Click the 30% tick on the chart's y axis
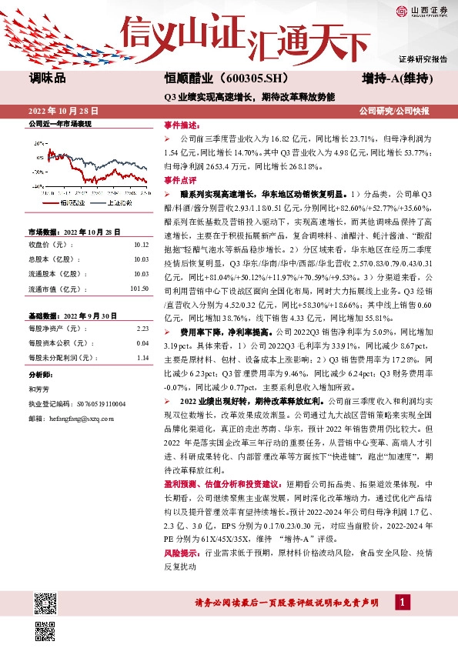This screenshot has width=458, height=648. pos(38,143)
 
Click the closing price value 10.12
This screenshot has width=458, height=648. pos(140,244)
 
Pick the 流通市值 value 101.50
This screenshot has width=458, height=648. pos(139,289)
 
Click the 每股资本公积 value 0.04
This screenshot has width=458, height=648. pos(142,342)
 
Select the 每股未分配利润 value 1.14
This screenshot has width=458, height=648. pos(142,357)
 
